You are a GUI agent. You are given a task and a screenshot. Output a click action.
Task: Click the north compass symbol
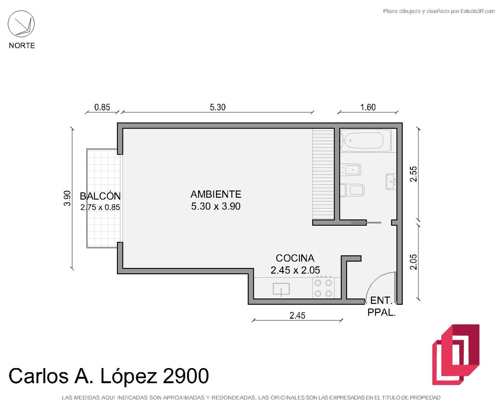pyautogui.click(x=21, y=24)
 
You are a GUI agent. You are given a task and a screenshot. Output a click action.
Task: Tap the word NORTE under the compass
pyautogui.click(x=22, y=46)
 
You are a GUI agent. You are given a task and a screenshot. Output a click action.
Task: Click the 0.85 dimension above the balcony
pyautogui.click(x=102, y=107)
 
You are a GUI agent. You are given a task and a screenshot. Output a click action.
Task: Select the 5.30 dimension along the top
pyautogui.click(x=218, y=107)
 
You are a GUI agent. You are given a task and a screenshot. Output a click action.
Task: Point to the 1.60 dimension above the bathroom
pyautogui.click(x=368, y=107)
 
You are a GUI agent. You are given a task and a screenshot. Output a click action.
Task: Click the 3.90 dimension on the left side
pyautogui.click(x=67, y=198)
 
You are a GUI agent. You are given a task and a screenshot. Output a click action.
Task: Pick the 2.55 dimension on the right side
pyautogui.click(x=413, y=174)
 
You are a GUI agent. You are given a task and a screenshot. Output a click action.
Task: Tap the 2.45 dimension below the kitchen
pyautogui.click(x=297, y=316)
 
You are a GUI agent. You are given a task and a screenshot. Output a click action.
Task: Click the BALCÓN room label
pyautogui.click(x=100, y=196)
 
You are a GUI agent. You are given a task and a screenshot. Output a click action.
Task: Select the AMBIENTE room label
pyautogui.click(x=216, y=194)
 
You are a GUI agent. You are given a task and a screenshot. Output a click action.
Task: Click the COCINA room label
pyautogui.click(x=295, y=258)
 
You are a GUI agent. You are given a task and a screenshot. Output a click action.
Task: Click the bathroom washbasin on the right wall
pyautogui.click(x=391, y=181)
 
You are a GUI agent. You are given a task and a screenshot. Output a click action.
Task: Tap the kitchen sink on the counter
pyautogui.click(x=281, y=289)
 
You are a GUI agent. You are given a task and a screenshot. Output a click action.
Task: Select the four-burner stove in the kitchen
pyautogui.click(x=323, y=288)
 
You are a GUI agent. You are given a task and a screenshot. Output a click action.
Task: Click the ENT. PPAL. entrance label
pyautogui.click(x=382, y=307)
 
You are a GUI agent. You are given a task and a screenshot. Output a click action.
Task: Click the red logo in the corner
pyautogui.click(x=456, y=355)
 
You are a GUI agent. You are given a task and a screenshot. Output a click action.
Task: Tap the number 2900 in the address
pyautogui.click(x=185, y=376)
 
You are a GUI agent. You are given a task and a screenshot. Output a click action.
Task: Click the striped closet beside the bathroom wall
pyautogui.click(x=323, y=174)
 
